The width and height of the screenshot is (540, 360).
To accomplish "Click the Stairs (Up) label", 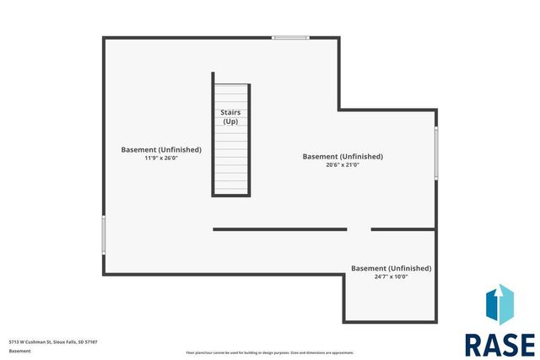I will [x=230, y=117].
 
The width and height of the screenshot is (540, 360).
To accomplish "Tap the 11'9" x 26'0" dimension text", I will [x=161, y=159].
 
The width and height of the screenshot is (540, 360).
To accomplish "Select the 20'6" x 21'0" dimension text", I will [x=343, y=165].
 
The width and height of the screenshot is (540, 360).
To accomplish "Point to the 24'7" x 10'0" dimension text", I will [x=391, y=277].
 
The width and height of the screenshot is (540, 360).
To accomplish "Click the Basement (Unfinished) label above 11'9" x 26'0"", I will [x=161, y=149].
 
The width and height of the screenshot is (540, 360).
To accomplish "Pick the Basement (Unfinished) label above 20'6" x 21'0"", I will [x=343, y=156].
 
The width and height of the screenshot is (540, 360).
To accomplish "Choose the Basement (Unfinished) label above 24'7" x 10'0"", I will [x=391, y=268].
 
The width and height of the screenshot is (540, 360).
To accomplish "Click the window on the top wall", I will [x=290, y=37].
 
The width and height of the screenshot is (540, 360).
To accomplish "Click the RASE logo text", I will [x=499, y=345].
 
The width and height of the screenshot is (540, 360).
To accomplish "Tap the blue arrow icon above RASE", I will [x=499, y=305].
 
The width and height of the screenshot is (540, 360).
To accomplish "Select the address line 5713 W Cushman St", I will [x=53, y=341].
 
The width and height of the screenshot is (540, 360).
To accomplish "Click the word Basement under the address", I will [x=20, y=350].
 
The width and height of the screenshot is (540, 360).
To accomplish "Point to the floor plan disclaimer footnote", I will [x=270, y=352].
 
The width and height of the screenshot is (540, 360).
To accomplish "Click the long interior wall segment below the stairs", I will [x=279, y=228].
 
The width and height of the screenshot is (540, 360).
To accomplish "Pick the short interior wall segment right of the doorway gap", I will [x=403, y=228].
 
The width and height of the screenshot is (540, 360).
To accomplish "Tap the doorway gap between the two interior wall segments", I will [x=359, y=228].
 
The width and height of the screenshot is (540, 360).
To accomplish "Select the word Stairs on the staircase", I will [x=230, y=112].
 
